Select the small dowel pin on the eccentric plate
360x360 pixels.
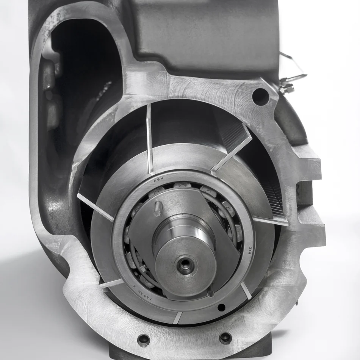[158, 208]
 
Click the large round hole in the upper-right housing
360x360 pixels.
[260, 96]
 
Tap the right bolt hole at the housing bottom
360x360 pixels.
[225, 338]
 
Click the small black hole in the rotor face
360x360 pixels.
[221, 307]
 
